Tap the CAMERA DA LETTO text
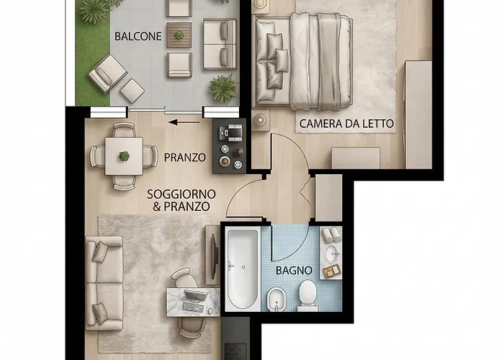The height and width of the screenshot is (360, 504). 347,124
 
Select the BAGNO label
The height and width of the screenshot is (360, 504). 294,271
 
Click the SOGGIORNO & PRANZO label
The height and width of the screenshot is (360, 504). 179,199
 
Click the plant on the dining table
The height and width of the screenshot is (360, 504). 124,156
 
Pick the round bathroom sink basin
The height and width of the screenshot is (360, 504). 332,253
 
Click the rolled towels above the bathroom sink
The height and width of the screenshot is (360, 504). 330,234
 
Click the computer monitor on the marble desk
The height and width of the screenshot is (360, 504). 194,295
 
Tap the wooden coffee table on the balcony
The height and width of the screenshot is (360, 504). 179,34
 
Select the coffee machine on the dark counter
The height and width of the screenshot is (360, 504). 232,132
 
